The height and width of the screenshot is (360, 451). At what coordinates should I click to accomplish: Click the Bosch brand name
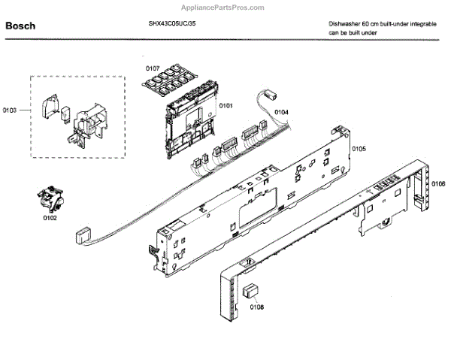pyautogui.click(x=20, y=26)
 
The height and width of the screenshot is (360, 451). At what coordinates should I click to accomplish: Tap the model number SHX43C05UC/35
pyautogui.click(x=172, y=23)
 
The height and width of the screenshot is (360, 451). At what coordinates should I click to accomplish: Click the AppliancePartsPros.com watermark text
pyautogui.click(x=224, y=6)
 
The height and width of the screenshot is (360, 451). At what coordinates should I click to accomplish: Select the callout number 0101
pyautogui.click(x=225, y=105)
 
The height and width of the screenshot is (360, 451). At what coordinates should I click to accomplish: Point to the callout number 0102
pyautogui.click(x=50, y=219)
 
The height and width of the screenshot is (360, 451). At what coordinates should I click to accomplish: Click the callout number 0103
pyautogui.click(x=10, y=110)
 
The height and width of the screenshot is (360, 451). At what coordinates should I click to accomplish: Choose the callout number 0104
pyautogui.click(x=280, y=112)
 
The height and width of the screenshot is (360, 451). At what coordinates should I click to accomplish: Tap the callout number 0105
pyautogui.click(x=358, y=149)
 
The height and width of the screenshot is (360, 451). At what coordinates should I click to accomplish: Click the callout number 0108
pyautogui.click(x=256, y=306)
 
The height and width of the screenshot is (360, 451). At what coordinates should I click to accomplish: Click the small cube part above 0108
pyautogui.click(x=251, y=291)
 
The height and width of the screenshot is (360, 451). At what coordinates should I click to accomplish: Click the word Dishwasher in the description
pyautogui.click(x=345, y=23)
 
